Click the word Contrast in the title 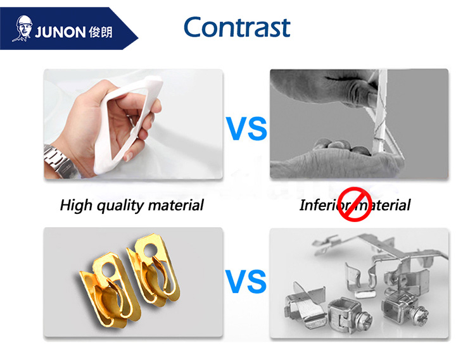coord(237,27)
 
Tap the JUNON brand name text coord(60,32)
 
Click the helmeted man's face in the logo coord(22,28)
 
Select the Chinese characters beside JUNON coord(101,32)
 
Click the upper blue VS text coord(246,128)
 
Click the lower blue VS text coord(246,282)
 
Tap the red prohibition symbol coord(355,204)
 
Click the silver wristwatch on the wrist coord(58,161)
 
